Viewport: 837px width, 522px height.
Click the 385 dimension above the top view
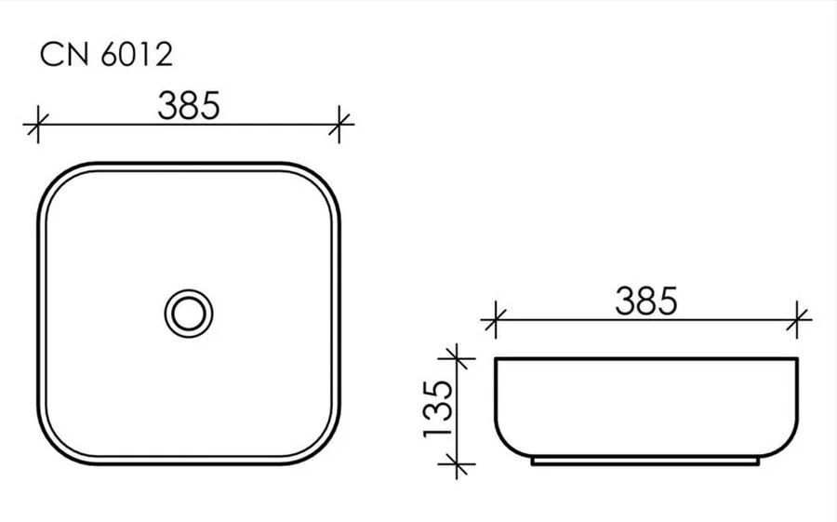pyautogui.click(x=189, y=105)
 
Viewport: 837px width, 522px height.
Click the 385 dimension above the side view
pyautogui.click(x=646, y=301)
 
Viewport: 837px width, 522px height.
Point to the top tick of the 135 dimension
pyautogui.click(x=454, y=357)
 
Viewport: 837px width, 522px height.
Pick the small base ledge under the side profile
pyautogui.click(x=646, y=461)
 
